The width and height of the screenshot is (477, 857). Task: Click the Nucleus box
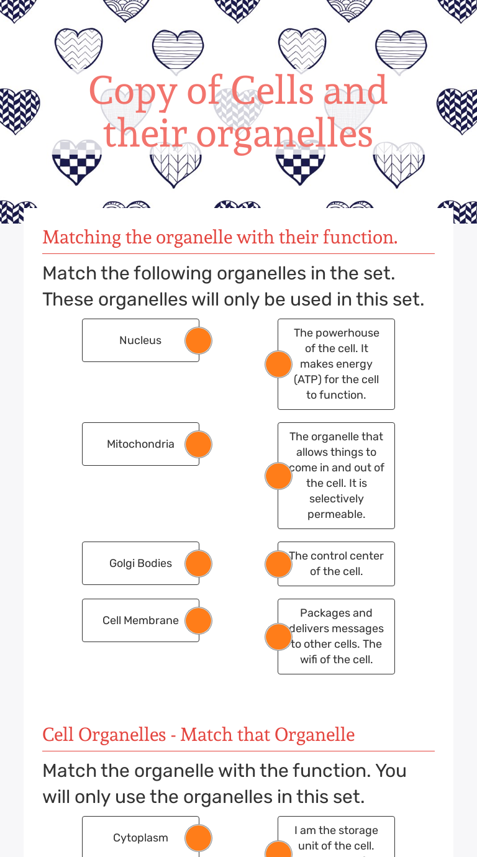click(x=140, y=340)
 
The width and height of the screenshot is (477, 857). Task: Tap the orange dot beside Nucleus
click(x=198, y=340)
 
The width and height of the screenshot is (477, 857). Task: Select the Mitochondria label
click(x=140, y=444)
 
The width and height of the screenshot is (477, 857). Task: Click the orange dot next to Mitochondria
click(x=198, y=444)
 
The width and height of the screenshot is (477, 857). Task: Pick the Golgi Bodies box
click(x=140, y=563)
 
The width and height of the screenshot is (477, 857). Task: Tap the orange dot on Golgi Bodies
click(x=198, y=563)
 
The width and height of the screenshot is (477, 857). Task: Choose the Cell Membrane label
click(x=140, y=620)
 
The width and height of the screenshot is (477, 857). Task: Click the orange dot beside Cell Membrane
click(x=198, y=620)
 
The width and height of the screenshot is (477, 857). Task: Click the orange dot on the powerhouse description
click(x=278, y=364)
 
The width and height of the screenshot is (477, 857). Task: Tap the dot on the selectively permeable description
click(x=278, y=476)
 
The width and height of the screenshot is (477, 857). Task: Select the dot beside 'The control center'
click(x=278, y=564)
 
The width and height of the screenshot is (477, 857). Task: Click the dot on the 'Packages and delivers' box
click(x=278, y=637)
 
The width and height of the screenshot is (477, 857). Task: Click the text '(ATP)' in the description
click(x=307, y=379)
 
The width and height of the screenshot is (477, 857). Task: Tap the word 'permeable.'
click(x=336, y=515)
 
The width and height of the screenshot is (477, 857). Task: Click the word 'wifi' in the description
click(x=309, y=659)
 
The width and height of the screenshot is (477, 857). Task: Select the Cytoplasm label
click(x=140, y=838)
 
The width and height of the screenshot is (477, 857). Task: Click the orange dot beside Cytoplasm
click(x=198, y=838)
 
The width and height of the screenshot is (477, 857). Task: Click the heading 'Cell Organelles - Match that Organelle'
click(x=199, y=735)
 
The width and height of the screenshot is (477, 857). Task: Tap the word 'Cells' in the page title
click(x=273, y=90)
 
